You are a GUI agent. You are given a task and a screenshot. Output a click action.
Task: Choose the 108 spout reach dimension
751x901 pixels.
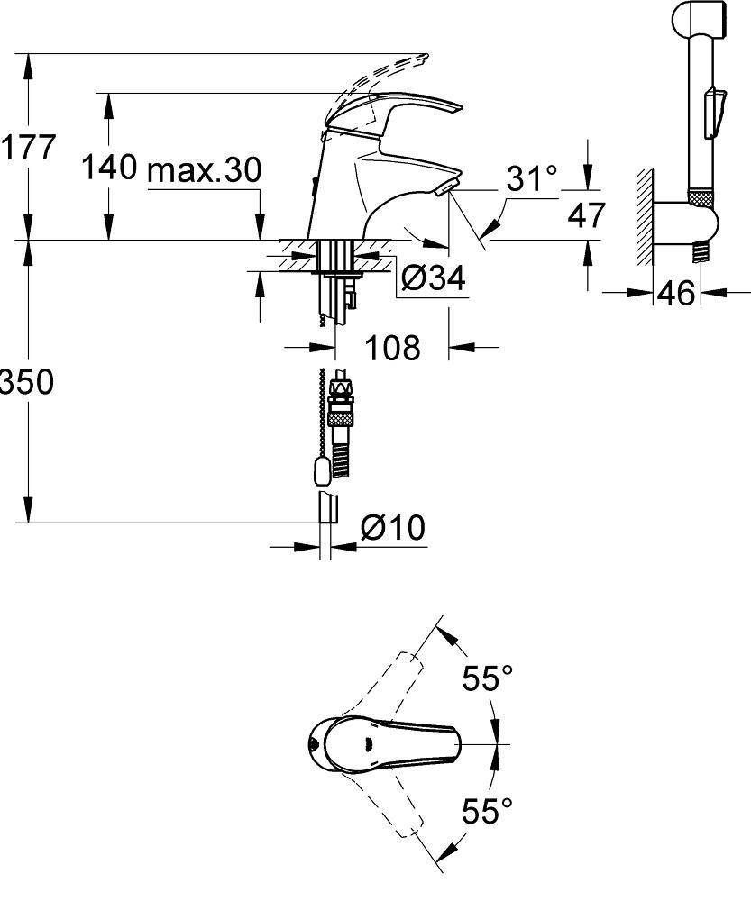click(393, 347)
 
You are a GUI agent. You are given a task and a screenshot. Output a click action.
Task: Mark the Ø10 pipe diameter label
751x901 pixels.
click(392, 528)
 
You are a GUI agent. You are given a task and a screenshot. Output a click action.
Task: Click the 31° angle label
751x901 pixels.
click(531, 179)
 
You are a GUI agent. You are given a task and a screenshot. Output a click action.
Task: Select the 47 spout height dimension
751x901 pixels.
click(587, 214)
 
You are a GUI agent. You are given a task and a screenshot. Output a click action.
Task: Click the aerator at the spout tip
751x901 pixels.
click(444, 187)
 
